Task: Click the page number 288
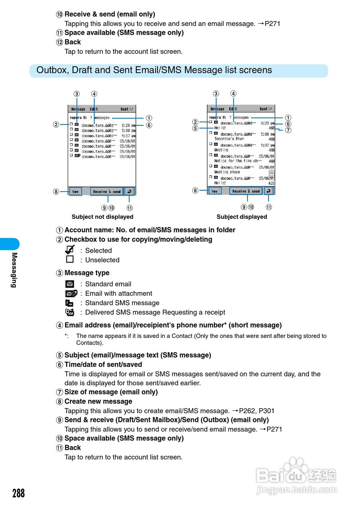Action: tap(18, 493)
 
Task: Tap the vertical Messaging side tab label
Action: tap(14, 270)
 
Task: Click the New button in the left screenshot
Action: tap(75, 192)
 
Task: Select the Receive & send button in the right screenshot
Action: tap(246, 191)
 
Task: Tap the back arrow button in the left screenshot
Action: tap(129, 192)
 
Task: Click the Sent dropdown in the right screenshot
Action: tap(266, 109)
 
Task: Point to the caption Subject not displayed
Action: tap(102, 217)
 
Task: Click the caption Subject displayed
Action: tap(242, 217)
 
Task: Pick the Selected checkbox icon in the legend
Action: tap(70, 250)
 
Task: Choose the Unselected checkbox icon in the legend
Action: tap(70, 259)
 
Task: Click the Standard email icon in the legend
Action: tap(70, 284)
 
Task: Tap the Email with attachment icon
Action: tap(71, 294)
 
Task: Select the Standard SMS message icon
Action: tap(70, 303)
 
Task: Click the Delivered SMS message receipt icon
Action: tap(70, 312)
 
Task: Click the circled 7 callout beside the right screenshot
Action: tap(288, 130)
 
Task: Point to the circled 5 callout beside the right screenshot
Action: tap(195, 128)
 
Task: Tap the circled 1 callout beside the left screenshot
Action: tap(148, 118)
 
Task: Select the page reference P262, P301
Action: tap(257, 411)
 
